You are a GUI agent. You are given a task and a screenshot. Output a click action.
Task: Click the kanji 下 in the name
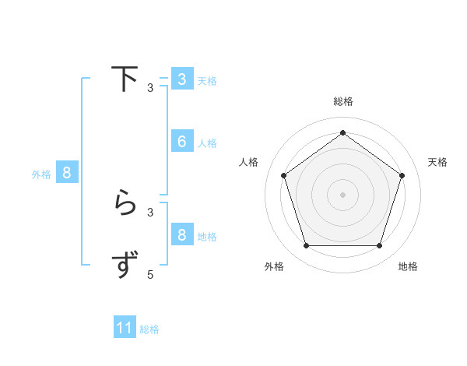tap(124, 79)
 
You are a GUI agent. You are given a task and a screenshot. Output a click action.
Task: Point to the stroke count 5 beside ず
tap(150, 274)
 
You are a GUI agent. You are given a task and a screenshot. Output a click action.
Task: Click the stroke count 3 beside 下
tap(150, 88)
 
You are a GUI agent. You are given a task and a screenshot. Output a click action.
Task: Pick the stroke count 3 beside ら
tap(150, 212)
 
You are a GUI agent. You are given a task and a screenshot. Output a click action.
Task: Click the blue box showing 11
tap(125, 328)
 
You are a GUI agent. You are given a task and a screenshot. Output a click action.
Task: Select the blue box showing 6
tap(182, 142)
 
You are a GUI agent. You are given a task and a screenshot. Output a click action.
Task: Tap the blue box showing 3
tap(182, 79)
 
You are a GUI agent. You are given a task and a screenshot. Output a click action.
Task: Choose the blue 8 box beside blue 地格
tap(182, 235)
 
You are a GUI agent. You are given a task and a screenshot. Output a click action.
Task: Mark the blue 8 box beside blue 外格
tap(67, 173)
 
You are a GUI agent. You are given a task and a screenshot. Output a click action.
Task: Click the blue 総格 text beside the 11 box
tap(149, 329)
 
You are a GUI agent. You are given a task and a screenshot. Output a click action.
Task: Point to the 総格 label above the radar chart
tap(343, 102)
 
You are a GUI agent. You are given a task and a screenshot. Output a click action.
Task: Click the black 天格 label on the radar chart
tap(438, 162)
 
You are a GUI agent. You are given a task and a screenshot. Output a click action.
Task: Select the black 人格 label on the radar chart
tap(249, 162)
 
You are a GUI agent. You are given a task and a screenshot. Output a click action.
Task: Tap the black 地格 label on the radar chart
tap(408, 267)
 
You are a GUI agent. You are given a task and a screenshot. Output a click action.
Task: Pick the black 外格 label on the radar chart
tap(274, 267)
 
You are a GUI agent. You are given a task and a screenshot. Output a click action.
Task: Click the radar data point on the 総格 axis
tap(343, 133)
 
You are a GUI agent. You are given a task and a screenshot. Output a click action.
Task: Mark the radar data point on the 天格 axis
tap(402, 175)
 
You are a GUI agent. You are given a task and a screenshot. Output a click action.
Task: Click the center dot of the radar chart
tap(343, 195)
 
